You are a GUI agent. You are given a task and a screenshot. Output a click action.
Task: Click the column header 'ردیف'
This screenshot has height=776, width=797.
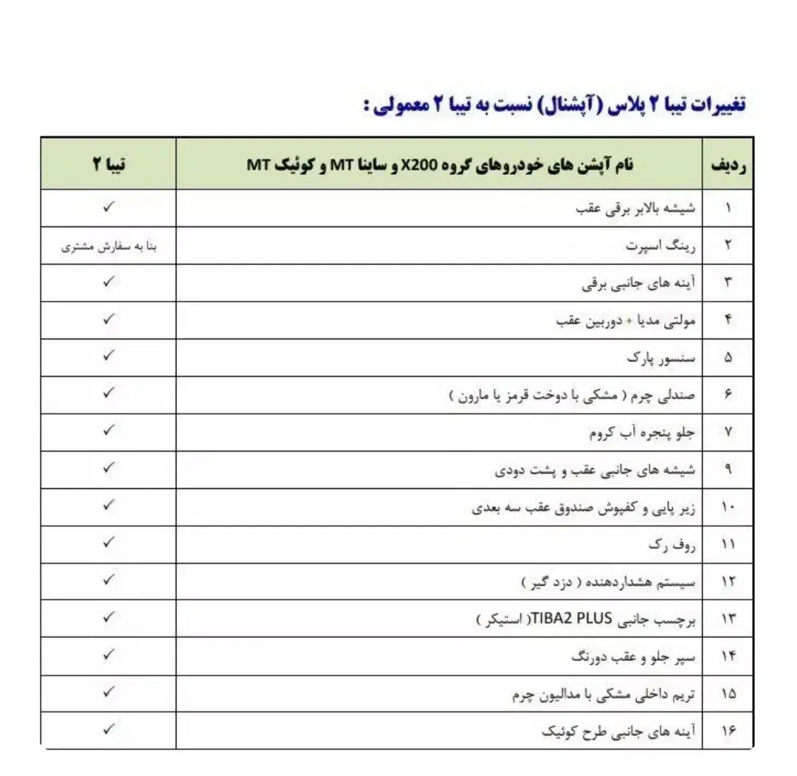tap(728, 164)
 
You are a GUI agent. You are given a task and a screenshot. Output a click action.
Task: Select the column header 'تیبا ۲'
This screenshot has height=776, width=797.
tap(109, 164)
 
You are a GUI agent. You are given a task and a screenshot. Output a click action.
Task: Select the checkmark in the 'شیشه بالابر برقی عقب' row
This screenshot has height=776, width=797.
tap(108, 208)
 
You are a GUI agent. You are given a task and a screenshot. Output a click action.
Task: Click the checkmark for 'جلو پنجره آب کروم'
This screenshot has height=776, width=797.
tap(108, 431)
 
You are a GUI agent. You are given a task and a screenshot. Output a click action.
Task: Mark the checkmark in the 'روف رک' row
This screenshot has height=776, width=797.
tap(108, 543)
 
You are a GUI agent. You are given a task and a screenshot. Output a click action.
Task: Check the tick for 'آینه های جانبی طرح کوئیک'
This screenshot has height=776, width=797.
tap(108, 730)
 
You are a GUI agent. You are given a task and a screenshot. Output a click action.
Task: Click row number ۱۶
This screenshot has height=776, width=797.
tap(728, 731)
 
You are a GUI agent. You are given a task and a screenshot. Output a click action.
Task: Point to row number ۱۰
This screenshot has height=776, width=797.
tap(728, 507)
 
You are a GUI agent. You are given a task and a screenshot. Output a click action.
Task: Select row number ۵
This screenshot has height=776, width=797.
tap(728, 358)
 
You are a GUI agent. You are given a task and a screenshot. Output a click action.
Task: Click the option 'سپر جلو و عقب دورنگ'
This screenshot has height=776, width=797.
tap(634, 656)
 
